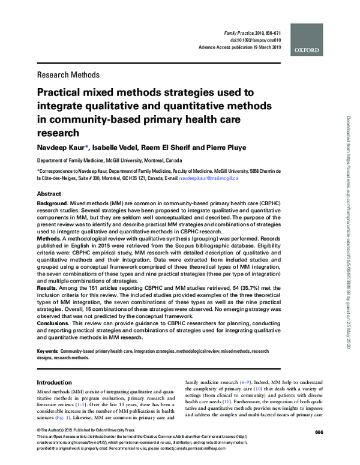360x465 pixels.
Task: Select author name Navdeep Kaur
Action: coord(62,147)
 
